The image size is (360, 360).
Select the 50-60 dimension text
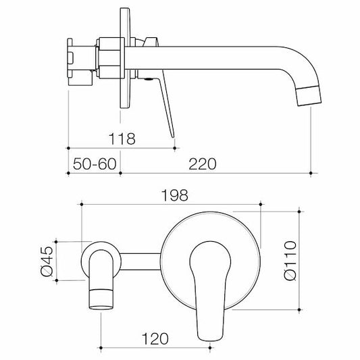coord(94,164)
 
